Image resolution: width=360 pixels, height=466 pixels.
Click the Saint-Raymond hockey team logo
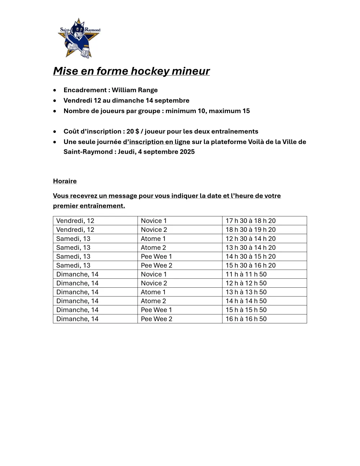click(79, 38)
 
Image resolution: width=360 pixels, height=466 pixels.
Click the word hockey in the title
click(150, 71)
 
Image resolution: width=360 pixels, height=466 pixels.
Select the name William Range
click(135, 90)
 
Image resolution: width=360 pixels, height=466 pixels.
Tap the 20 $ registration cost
click(132, 131)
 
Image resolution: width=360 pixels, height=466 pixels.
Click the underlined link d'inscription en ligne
click(156, 142)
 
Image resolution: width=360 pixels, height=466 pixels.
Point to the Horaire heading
click(65, 181)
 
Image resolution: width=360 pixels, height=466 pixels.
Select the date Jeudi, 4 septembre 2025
click(156, 152)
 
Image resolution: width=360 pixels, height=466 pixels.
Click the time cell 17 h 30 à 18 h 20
click(251, 221)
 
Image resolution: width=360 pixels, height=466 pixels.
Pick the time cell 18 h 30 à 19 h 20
click(251, 230)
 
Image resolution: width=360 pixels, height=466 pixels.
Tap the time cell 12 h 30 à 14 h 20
click(251, 239)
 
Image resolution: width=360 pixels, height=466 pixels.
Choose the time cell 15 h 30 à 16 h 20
click(251, 265)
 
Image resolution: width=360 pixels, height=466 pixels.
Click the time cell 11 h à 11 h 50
click(246, 274)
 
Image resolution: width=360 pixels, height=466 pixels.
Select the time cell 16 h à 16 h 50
click(246, 319)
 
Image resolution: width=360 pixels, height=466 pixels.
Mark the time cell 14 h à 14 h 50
click(246, 301)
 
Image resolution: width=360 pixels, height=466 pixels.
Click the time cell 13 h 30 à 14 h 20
click(251, 248)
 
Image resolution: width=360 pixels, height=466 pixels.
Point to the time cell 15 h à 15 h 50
click(246, 310)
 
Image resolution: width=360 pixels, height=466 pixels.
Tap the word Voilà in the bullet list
click(257, 142)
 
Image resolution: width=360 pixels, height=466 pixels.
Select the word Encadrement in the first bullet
click(85, 90)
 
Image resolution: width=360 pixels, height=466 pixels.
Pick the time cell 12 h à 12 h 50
click(246, 283)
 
